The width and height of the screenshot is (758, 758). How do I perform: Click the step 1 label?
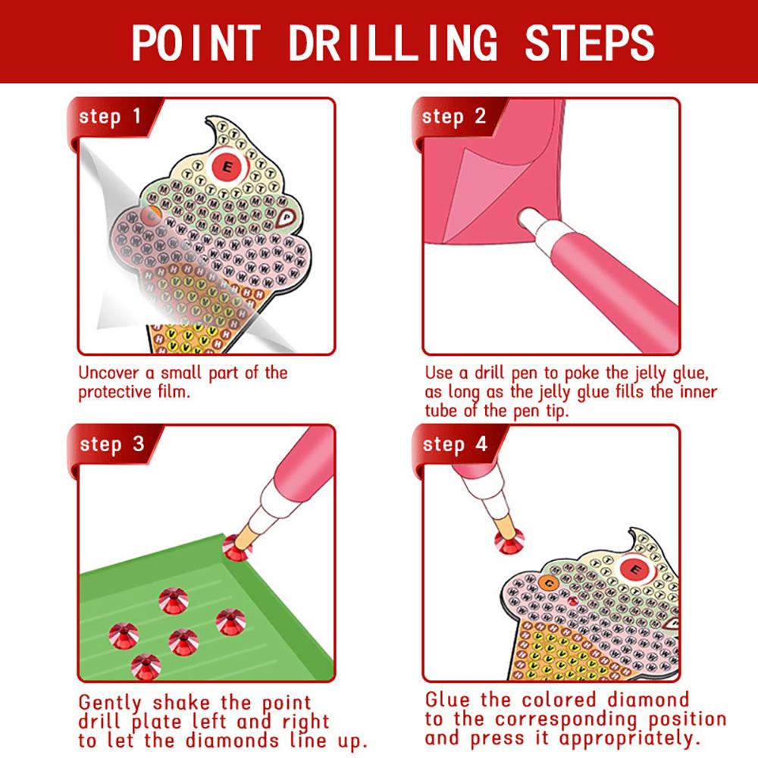coord(110,117)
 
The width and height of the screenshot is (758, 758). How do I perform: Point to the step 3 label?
coord(111,444)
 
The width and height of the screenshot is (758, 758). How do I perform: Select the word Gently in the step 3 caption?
coord(114,703)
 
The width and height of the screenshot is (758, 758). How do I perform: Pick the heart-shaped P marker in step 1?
coord(285,218)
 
